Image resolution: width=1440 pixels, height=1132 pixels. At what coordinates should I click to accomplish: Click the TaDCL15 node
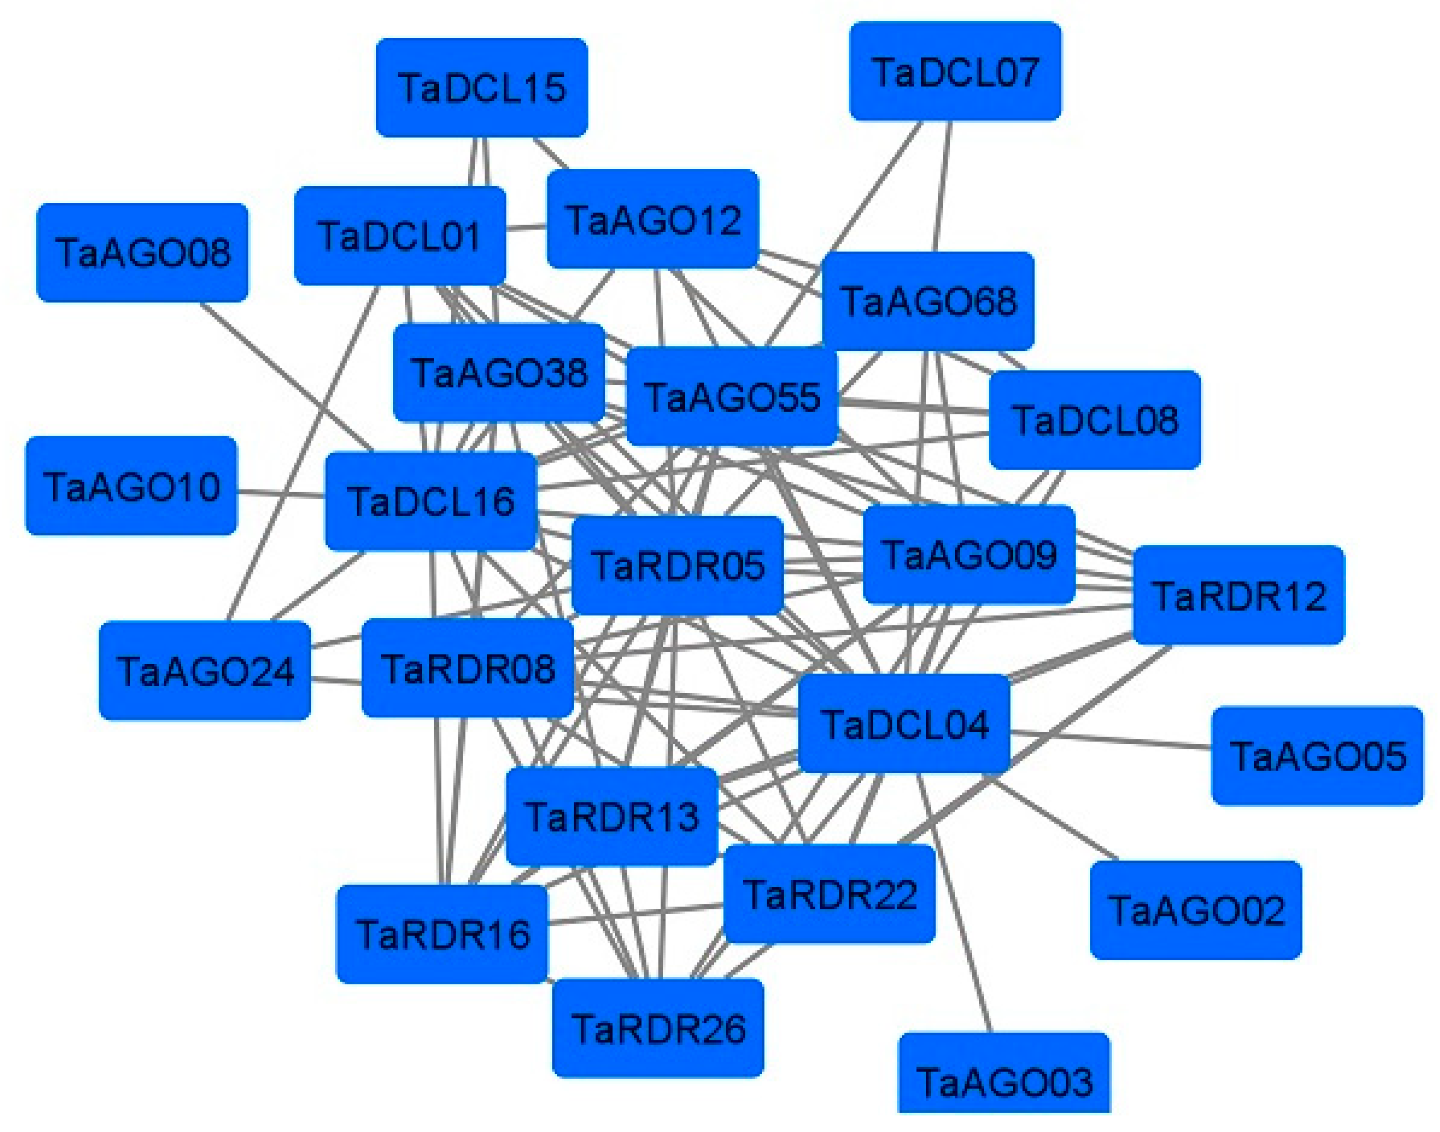tap(482, 87)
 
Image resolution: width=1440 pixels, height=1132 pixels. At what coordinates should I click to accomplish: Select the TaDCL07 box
tap(955, 72)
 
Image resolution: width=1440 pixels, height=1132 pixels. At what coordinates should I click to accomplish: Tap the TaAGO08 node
tap(143, 253)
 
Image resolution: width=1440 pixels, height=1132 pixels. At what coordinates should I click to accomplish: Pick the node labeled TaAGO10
tap(131, 486)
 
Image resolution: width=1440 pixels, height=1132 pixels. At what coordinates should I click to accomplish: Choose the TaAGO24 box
tap(205, 671)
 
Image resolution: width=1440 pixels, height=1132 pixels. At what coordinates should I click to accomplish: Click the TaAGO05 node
tap(1317, 756)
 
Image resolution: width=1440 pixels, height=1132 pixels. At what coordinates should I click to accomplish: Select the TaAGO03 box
tap(1004, 1080)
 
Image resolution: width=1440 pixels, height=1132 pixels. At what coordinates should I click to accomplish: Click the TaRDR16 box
tap(442, 934)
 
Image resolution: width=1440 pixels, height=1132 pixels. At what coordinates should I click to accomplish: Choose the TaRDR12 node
tap(1239, 595)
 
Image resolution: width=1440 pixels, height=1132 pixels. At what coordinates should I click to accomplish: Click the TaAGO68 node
tap(928, 302)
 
